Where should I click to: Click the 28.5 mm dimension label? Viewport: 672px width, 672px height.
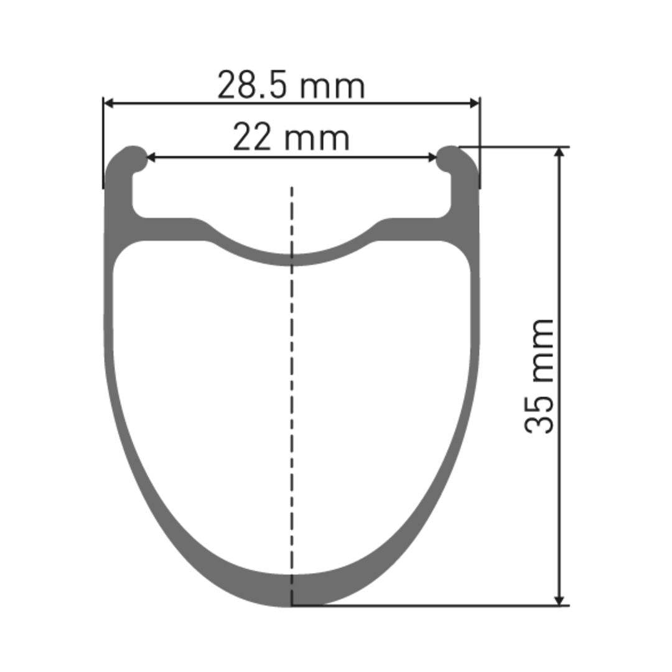click(x=291, y=86)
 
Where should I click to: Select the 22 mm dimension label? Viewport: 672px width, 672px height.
click(x=291, y=138)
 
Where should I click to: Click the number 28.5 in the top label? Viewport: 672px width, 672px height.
click(x=253, y=86)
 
